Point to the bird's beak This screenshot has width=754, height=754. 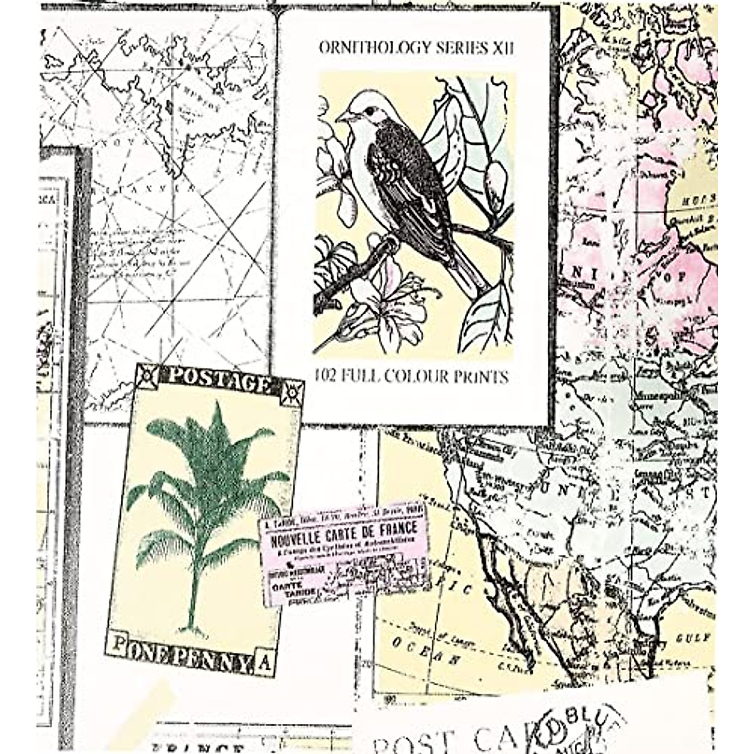click(x=343, y=117)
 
